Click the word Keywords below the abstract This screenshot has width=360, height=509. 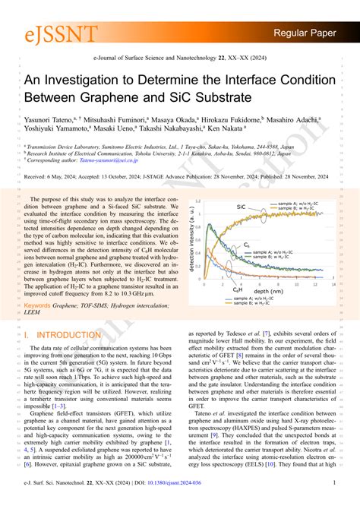(39, 306)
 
